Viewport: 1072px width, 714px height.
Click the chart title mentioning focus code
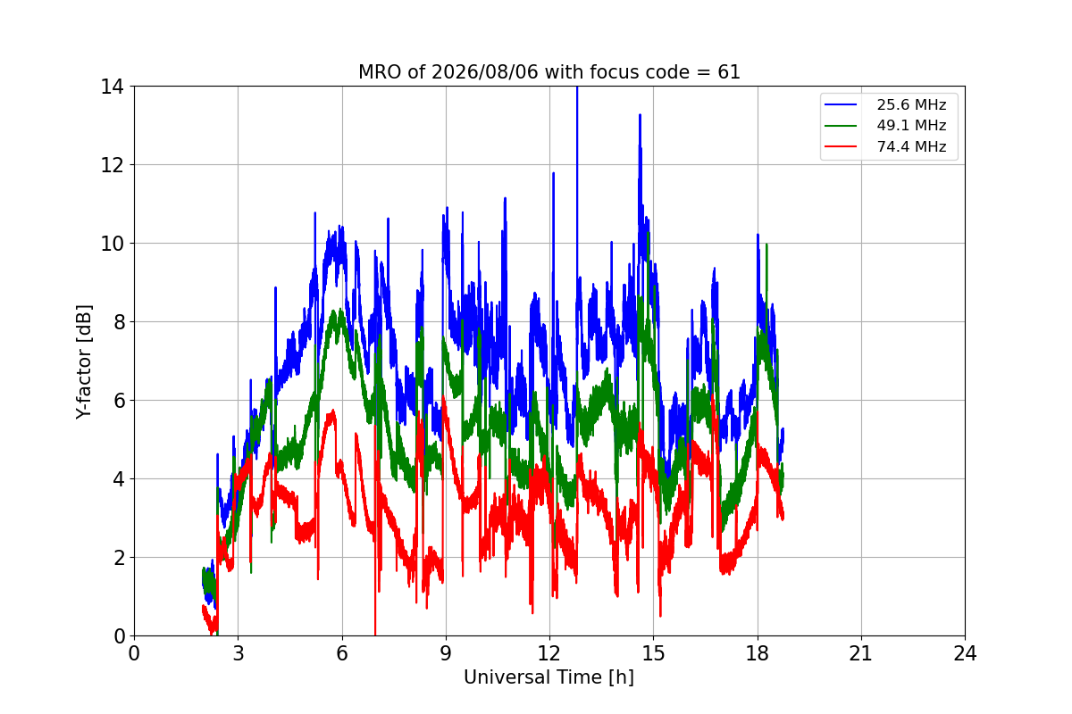(549, 72)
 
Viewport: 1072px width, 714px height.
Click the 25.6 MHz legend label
(911, 104)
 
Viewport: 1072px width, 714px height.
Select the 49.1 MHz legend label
(911, 125)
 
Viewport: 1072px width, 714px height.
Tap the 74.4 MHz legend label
(911, 146)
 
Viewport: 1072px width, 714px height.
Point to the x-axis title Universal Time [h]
(549, 677)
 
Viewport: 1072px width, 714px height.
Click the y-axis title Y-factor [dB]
(83, 361)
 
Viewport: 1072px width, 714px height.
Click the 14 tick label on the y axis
(112, 87)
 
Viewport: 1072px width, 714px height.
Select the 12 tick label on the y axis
(112, 165)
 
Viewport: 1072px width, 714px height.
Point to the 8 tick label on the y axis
(119, 322)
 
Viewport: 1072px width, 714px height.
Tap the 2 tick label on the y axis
(119, 558)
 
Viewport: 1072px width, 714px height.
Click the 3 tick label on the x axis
(239, 653)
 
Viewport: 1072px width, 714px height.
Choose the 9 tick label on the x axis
(446, 653)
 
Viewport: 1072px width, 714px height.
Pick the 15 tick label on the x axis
(654, 653)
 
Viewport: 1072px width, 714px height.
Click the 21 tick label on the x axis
(861, 653)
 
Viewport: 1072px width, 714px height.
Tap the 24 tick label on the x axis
(965, 653)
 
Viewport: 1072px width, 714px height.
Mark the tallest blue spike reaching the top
(577, 88)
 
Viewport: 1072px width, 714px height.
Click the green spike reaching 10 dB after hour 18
(766, 245)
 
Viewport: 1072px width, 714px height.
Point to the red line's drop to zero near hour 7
(375, 634)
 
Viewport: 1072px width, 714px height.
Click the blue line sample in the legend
(841, 104)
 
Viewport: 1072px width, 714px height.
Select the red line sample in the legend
(841, 146)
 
